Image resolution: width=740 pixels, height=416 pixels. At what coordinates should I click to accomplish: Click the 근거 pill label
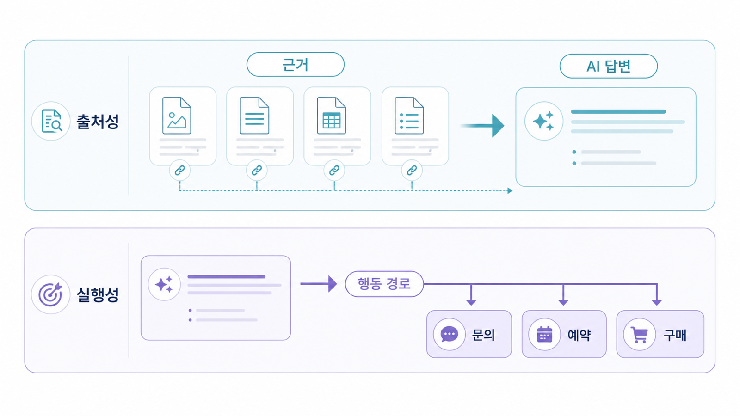296,64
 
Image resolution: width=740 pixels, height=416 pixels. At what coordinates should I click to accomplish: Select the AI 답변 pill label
609,66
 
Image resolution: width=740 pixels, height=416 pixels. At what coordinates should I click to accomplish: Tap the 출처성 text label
98,122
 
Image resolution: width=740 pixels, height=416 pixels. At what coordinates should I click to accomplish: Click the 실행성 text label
98,294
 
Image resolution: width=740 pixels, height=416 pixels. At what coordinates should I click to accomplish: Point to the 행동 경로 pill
384,284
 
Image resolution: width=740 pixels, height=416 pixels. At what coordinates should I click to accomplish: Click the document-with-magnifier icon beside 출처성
51,121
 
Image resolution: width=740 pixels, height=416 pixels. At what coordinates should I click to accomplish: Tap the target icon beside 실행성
50,294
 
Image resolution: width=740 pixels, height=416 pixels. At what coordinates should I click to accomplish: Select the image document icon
177,116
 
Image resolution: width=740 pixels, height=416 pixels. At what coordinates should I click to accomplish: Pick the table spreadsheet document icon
331,116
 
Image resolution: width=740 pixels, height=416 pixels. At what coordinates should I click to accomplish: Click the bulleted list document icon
409,116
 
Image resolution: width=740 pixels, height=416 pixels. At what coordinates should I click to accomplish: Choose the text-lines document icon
254,116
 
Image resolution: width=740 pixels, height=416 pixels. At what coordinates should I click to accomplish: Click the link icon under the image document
180,171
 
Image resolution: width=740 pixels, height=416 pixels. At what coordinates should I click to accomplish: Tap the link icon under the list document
412,171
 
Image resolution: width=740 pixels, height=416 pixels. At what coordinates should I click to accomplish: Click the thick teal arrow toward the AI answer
482,125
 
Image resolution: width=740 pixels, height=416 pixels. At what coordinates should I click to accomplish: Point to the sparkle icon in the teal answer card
543,121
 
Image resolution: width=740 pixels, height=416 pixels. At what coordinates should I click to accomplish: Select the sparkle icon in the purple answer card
164,284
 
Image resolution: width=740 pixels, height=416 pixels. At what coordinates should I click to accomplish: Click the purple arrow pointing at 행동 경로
319,284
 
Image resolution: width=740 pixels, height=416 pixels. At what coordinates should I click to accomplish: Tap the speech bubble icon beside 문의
449,335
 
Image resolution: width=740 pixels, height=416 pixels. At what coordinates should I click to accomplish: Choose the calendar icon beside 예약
545,335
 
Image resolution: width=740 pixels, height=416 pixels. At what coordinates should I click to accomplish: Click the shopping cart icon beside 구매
639,335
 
